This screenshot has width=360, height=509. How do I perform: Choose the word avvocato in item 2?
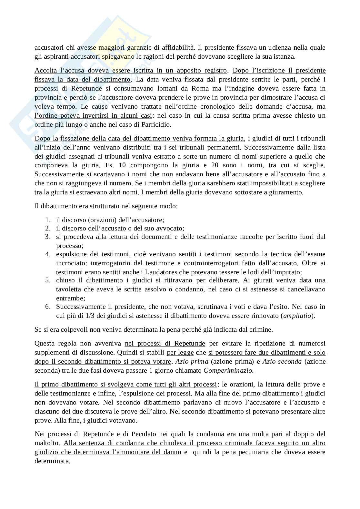(x=171, y=228)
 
